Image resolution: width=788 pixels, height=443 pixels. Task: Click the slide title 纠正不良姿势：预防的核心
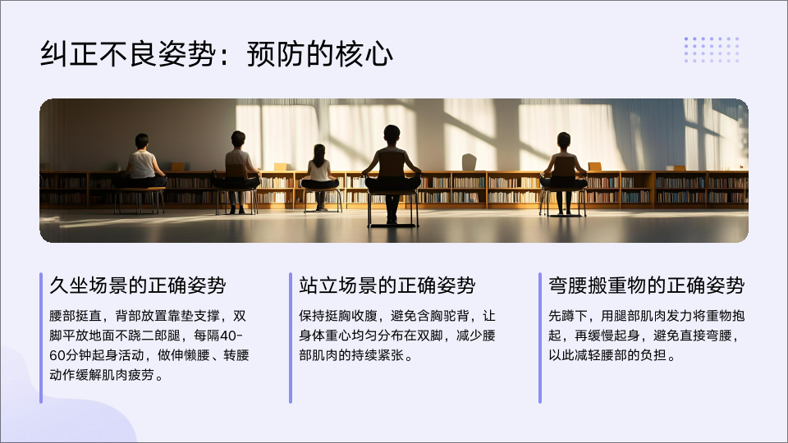[x=216, y=54]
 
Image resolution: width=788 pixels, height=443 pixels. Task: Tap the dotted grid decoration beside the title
[x=712, y=50]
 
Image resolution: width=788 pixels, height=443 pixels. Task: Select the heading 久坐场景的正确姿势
[x=138, y=285]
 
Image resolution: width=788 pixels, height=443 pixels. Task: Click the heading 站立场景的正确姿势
[x=387, y=285]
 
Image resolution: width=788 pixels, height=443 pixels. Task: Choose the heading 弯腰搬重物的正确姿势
[x=646, y=285]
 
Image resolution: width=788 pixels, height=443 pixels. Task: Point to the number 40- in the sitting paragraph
[x=231, y=336]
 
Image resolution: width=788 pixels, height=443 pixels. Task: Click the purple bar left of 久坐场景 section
[x=41, y=338]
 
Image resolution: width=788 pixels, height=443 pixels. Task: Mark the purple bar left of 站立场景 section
[x=291, y=338]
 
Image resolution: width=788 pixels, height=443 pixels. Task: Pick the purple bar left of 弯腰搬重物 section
[x=540, y=338]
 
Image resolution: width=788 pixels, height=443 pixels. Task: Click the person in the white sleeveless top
[x=141, y=162]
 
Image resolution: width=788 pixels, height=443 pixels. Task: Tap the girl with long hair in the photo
[x=319, y=168]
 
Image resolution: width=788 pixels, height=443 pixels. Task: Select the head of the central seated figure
[x=392, y=135]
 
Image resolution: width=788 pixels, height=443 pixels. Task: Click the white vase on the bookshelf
[x=469, y=162]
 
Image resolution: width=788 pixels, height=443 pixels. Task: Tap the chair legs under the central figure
[x=392, y=209]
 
